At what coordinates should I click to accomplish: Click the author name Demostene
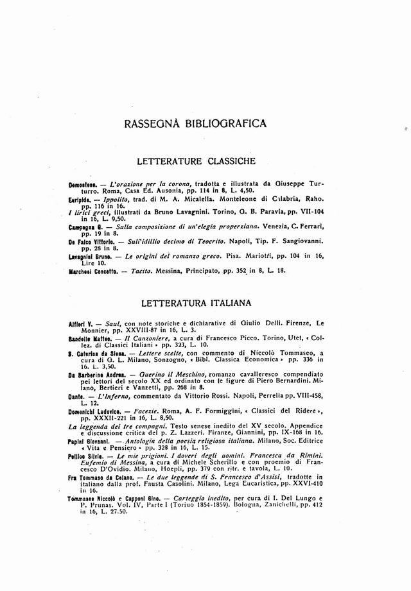(83, 184)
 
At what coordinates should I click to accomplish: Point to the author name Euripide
(81, 200)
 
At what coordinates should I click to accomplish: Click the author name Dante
(78, 397)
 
